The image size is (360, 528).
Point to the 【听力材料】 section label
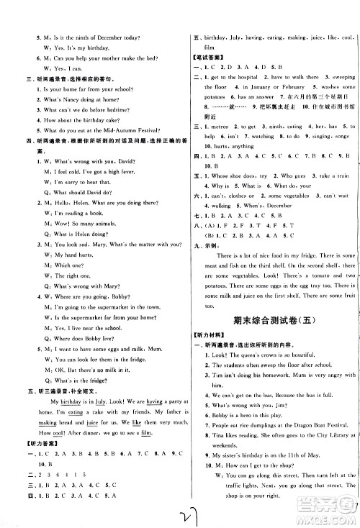pos(208,336)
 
